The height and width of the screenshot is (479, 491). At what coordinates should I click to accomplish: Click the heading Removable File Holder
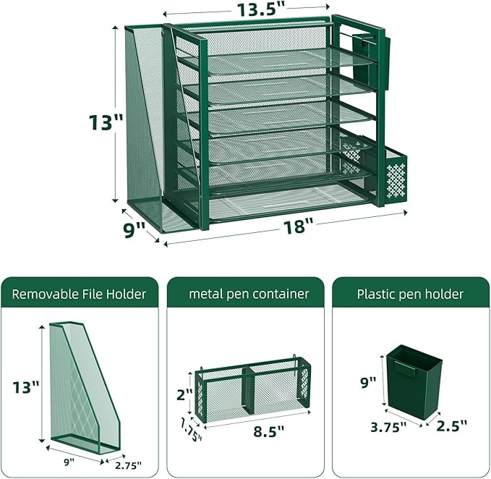[x=79, y=294]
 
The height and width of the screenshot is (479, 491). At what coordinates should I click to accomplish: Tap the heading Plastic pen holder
[x=410, y=294]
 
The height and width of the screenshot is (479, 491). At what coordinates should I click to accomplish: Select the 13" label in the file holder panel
[x=25, y=387]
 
